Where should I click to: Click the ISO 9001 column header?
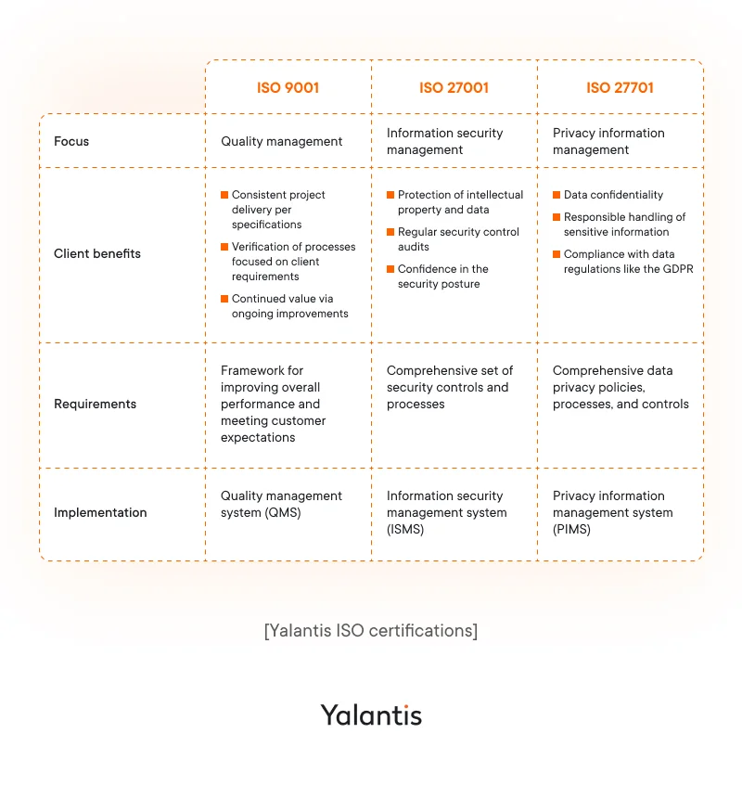(x=288, y=88)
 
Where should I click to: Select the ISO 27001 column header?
(x=454, y=88)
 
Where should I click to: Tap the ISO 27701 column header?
(x=620, y=88)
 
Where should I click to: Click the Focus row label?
(x=71, y=142)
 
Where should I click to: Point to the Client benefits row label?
(x=97, y=253)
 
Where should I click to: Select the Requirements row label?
(x=95, y=404)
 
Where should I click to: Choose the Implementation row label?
(x=100, y=512)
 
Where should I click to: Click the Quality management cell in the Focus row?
(x=281, y=142)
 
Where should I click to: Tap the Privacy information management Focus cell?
(x=608, y=141)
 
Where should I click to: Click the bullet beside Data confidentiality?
(x=556, y=195)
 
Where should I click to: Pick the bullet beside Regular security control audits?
(x=390, y=232)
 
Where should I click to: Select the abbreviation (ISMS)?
(x=405, y=530)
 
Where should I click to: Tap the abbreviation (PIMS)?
(x=571, y=530)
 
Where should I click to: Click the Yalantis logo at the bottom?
(x=371, y=714)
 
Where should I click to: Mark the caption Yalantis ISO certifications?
(x=371, y=631)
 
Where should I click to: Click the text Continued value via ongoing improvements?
(x=289, y=306)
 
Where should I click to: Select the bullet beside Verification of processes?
(x=224, y=247)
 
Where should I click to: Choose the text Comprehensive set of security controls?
(x=449, y=379)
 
